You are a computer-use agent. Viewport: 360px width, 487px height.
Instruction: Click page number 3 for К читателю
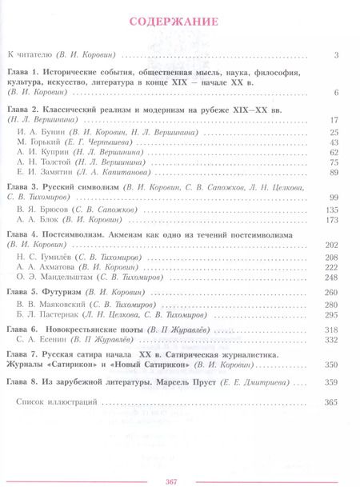(338, 55)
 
